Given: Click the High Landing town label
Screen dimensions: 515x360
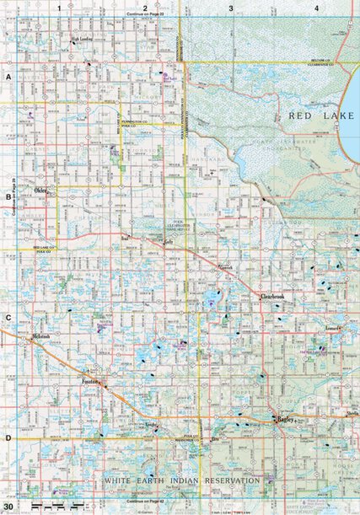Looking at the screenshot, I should pyautogui.click(x=82, y=38).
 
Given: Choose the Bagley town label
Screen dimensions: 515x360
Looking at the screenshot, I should pyautogui.click(x=282, y=418).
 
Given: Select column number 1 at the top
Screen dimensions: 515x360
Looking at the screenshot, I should pyautogui.click(x=60, y=8).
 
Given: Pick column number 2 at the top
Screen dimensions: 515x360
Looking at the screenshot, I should pyautogui.click(x=145, y=8).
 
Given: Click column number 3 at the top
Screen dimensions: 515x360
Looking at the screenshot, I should pyautogui.click(x=230, y=8).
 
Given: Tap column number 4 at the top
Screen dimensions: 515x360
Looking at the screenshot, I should pyautogui.click(x=315, y=8).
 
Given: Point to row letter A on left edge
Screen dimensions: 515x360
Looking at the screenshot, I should pyautogui.click(x=8, y=76).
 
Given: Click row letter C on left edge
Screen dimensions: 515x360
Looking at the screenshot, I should pyautogui.click(x=8, y=318).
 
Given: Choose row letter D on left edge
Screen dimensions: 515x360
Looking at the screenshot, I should pyautogui.click(x=8, y=438).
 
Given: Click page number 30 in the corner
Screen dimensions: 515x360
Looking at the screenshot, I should pyautogui.click(x=8, y=505).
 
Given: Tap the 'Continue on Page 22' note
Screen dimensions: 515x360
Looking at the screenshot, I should pyautogui.click(x=145, y=14).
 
